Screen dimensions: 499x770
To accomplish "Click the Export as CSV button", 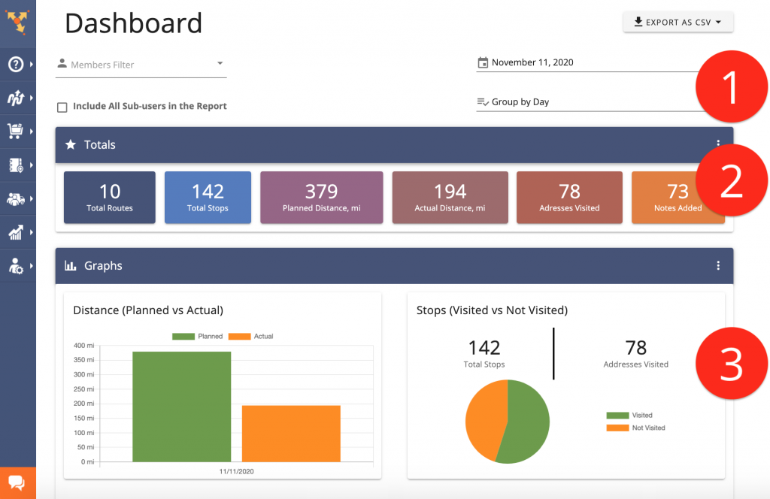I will [x=678, y=23].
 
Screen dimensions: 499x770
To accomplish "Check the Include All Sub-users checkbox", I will [x=62, y=107].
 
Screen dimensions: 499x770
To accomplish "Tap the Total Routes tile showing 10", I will [x=110, y=198].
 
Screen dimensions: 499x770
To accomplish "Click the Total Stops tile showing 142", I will [x=208, y=198].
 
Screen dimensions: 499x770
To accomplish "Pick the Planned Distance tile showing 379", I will [x=321, y=198].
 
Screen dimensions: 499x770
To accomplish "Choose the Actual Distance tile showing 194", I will [x=450, y=198].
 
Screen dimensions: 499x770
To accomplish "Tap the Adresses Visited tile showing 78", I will [x=569, y=198].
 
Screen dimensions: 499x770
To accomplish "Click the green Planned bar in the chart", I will [x=182, y=406].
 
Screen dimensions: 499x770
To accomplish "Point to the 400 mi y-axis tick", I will [x=84, y=346].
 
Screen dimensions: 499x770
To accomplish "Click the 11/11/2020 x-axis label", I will [x=237, y=471].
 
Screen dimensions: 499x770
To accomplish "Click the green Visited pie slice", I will [x=530, y=425].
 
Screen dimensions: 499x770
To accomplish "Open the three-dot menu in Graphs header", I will [x=718, y=265].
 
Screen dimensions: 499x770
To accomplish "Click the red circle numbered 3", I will [x=731, y=364].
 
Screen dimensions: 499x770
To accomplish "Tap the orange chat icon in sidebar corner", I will [x=17, y=482].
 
